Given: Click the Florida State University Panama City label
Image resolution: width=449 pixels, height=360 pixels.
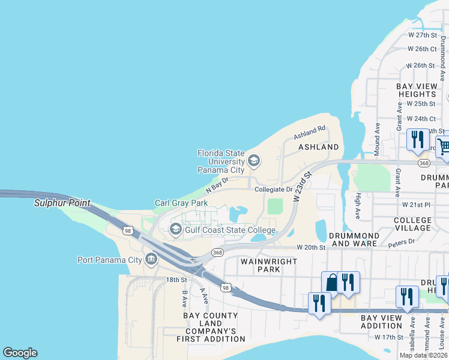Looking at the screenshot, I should tap(221, 161).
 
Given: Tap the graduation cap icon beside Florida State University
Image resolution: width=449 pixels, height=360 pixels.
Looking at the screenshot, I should tap(254, 160).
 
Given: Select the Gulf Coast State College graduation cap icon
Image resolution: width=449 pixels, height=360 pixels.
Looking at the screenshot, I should tap(176, 229).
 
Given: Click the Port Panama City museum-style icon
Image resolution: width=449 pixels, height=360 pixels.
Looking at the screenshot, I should tap(151, 260).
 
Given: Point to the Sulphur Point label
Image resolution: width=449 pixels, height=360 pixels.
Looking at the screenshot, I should tap(62, 203).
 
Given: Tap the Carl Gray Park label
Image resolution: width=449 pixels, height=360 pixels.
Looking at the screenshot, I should tap(181, 203).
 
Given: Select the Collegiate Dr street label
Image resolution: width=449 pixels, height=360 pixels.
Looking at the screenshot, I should tap(273, 190).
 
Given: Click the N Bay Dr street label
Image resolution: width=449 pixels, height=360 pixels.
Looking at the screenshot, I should tap(217, 184).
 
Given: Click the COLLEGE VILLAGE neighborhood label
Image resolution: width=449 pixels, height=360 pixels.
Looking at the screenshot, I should tap(412, 224).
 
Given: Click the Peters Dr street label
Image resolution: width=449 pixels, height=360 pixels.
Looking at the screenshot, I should tap(401, 242).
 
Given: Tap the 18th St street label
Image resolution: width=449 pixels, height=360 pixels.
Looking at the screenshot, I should tap(176, 280).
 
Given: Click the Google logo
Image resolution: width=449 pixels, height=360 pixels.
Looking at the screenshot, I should tap(20, 353).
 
